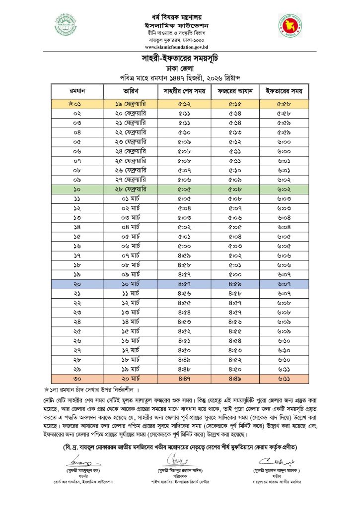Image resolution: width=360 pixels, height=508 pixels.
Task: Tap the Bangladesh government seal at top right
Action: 291,26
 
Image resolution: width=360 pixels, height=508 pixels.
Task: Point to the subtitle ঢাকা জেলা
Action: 180,68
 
